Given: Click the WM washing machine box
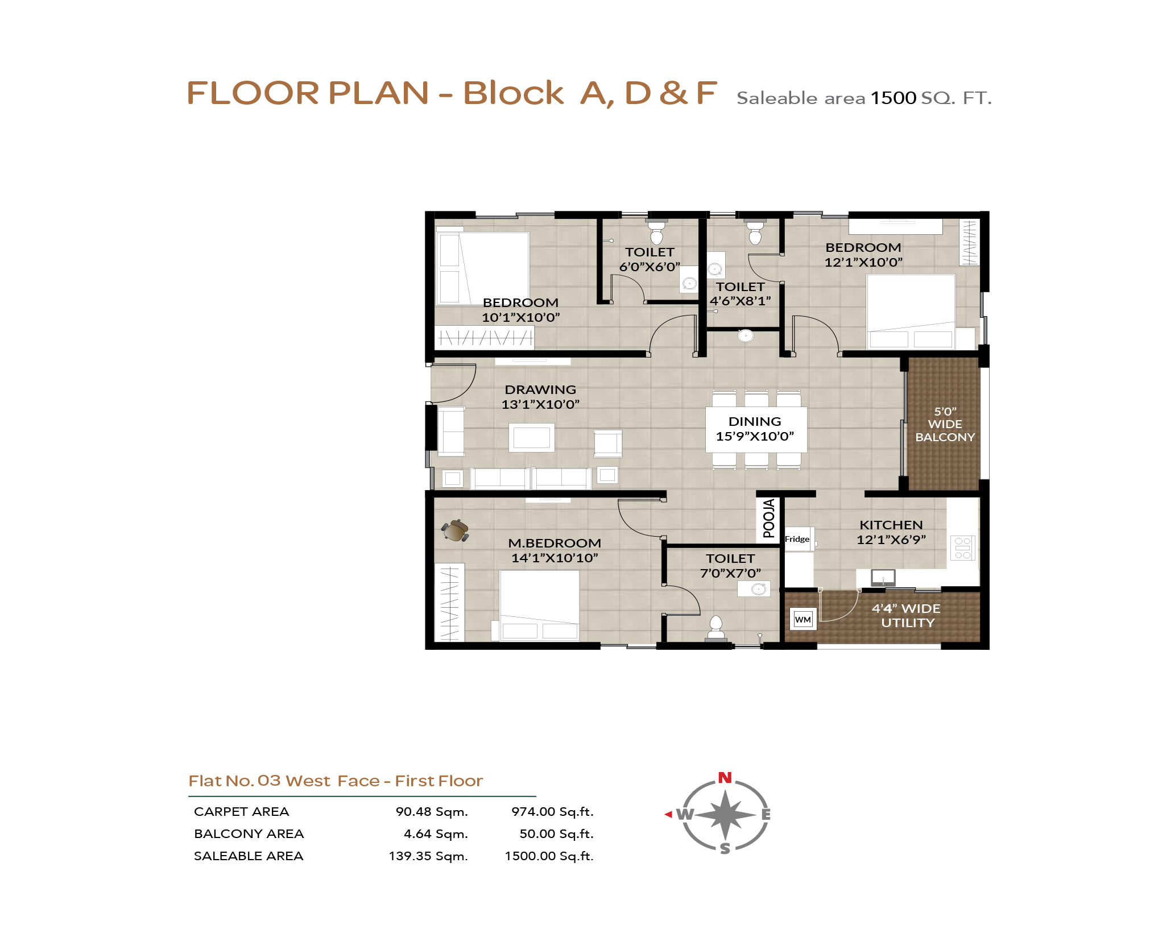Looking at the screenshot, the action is coord(803,619).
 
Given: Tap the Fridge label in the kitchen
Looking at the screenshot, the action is coord(797,539).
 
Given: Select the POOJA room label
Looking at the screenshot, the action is coord(768,519).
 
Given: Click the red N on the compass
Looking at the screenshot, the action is coord(725,778).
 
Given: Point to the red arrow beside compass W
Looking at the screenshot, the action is coord(668,815).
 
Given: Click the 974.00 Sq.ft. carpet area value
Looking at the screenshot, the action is coord(552,812).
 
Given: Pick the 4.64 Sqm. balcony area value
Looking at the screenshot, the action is coord(436,834).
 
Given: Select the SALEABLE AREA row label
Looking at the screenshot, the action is coord(249,856).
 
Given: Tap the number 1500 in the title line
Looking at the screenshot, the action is coord(894,98).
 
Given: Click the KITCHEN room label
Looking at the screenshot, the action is coord(891,525).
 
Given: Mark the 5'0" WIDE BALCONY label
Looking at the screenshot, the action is coord(945,424).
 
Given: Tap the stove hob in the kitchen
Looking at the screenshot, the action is coord(963,548).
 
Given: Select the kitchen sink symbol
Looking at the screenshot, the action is coord(883,578).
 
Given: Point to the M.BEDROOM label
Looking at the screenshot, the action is coord(555,543).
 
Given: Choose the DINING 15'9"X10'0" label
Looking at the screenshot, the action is coord(755,429).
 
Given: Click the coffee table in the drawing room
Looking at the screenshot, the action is coord(531,437).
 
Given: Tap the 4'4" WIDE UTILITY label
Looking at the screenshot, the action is coord(907,615).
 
